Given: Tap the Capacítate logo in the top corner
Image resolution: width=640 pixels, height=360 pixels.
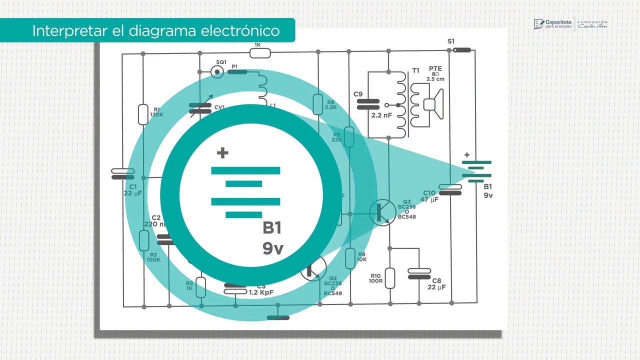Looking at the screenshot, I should pos(552,24).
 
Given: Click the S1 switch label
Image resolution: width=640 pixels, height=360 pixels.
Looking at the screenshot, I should pos(451,41).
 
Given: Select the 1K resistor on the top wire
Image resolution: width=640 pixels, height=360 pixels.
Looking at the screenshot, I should pos(259,52).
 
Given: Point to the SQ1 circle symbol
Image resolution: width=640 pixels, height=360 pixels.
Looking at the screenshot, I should pos(217,72).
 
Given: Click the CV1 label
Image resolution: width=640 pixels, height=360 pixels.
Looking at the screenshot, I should pos(219,107).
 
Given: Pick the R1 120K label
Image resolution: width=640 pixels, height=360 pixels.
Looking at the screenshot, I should pos(156,112).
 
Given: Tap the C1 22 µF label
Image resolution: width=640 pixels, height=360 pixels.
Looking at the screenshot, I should pos(133,190).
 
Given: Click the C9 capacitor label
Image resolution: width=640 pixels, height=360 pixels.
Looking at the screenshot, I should pos(358,94).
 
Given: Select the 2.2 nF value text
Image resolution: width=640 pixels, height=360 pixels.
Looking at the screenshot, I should pos(381,115).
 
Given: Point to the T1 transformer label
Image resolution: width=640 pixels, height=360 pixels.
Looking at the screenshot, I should pos(415,71).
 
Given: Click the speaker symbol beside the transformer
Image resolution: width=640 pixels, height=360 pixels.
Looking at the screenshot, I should pos(433,104).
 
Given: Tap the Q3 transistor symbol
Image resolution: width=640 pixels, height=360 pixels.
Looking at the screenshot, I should pos(382,212).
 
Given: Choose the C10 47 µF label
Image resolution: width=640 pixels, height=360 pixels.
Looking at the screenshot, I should pos(429,196).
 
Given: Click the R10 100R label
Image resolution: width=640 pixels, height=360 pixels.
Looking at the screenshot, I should pos(375,278).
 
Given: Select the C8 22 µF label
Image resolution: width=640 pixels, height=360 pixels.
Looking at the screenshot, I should pos(436,284).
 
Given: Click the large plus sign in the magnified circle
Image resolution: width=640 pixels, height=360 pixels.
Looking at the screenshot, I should pos(222,153).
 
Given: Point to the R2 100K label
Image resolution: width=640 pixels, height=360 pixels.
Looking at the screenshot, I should pos(153,257).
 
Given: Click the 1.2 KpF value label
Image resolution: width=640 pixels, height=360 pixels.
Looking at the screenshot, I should pos(261,292).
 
